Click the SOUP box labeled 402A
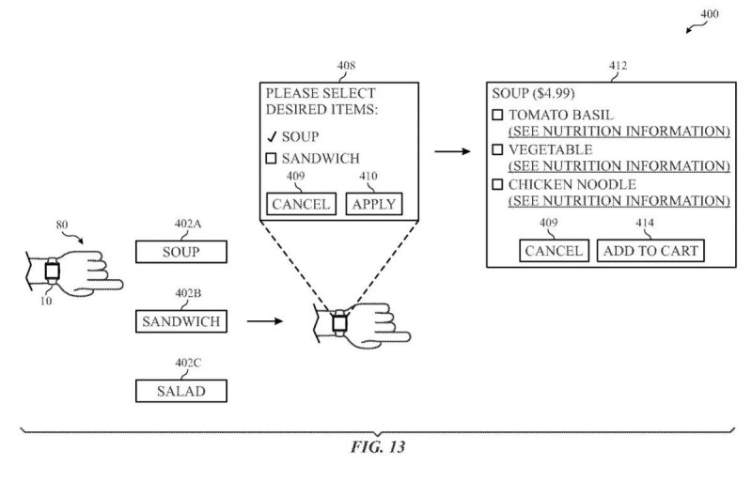(x=181, y=252)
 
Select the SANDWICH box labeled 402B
(x=181, y=321)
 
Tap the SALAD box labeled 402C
(x=181, y=391)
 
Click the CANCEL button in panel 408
(x=301, y=204)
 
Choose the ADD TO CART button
(x=650, y=250)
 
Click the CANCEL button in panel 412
(x=554, y=250)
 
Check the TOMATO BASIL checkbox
(x=498, y=115)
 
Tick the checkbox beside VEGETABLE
(x=498, y=149)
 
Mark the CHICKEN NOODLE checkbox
(x=498, y=184)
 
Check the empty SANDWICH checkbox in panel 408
(x=271, y=158)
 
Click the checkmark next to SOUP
(x=272, y=136)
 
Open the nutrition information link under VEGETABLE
(x=619, y=166)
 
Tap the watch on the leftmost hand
(x=52, y=272)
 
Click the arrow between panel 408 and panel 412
(x=453, y=151)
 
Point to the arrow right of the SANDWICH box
(x=265, y=320)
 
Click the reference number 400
(x=710, y=13)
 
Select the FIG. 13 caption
(x=378, y=447)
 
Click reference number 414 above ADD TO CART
(x=645, y=223)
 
